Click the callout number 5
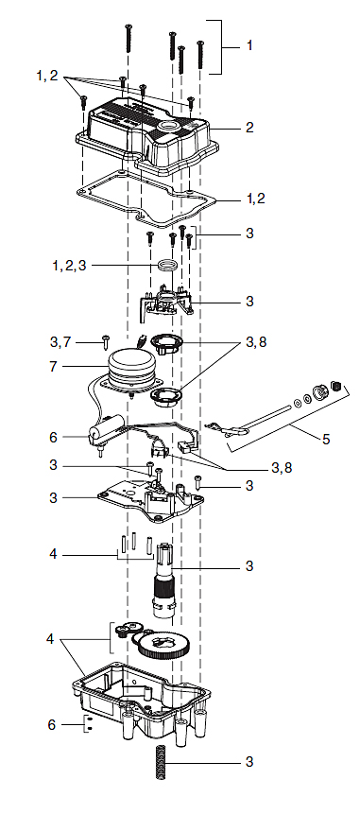tap(326, 440)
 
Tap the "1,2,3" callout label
tap(70, 267)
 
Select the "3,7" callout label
tap(62, 341)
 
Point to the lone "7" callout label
tap(53, 367)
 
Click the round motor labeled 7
tap(130, 368)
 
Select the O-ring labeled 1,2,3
tap(167, 266)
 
